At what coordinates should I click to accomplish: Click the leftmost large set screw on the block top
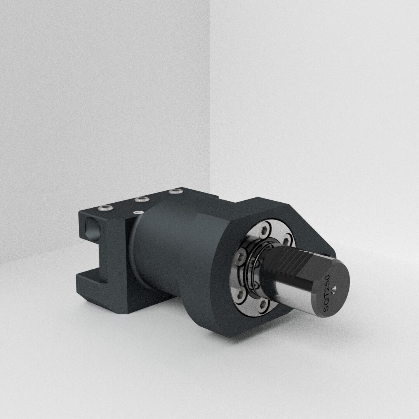[106, 209]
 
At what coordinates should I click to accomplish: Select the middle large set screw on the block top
[141, 200]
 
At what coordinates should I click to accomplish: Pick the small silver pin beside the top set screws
[137, 212]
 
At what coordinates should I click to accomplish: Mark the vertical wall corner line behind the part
[210, 97]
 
